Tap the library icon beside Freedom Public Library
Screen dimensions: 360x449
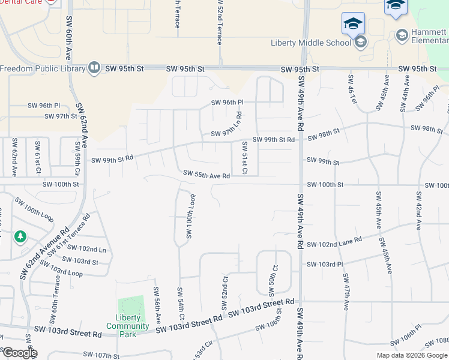(94, 68)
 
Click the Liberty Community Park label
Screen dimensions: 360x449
(123, 322)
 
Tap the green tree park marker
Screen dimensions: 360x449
(20, 237)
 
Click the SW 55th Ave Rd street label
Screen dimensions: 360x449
(206, 175)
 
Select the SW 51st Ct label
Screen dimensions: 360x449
(245, 158)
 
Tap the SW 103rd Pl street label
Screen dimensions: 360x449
(324, 264)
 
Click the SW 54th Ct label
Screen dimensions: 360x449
(179, 304)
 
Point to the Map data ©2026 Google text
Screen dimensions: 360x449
(411, 355)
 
